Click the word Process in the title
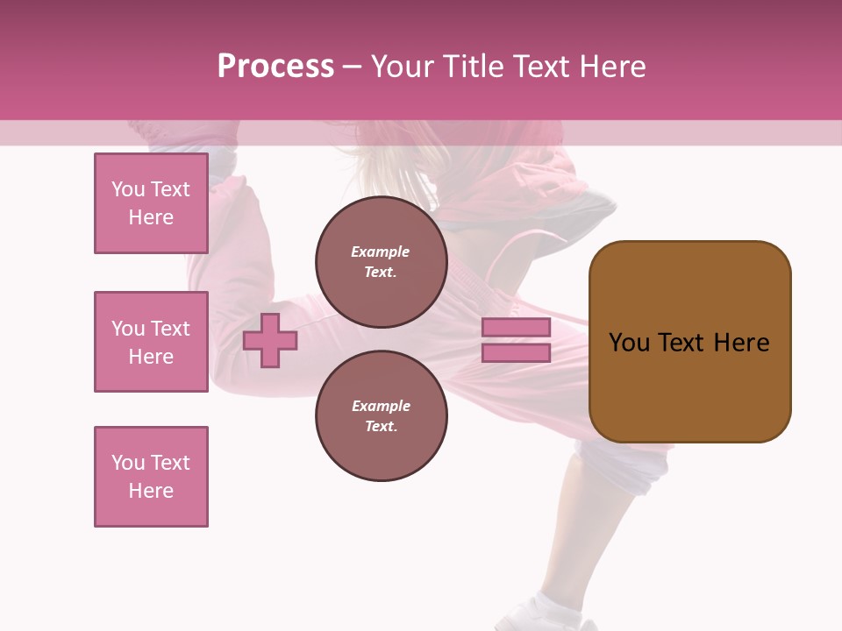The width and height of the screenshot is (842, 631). pyautogui.click(x=275, y=67)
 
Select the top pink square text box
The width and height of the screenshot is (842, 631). pyautogui.click(x=151, y=203)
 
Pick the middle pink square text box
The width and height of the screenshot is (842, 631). pyautogui.click(x=151, y=342)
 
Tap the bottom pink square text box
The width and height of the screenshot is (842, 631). pyautogui.click(x=151, y=477)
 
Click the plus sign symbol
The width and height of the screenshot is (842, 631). pyautogui.click(x=270, y=340)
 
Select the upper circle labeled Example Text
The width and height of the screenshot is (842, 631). pyautogui.click(x=381, y=262)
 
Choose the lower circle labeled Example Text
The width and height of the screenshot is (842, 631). pyautogui.click(x=381, y=416)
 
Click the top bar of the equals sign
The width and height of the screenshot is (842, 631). pyautogui.click(x=516, y=327)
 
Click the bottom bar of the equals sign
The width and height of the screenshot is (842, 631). pyautogui.click(x=516, y=353)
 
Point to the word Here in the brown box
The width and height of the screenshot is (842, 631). pyautogui.click(x=741, y=343)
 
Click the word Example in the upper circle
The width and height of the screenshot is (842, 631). pyautogui.click(x=381, y=252)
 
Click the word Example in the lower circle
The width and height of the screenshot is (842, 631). pyautogui.click(x=381, y=406)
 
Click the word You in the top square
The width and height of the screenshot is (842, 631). pyautogui.click(x=128, y=189)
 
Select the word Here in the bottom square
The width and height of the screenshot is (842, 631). pyautogui.click(x=151, y=491)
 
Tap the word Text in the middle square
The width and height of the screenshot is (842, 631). pyautogui.click(x=169, y=329)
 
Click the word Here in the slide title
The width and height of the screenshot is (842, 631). pyautogui.click(x=611, y=67)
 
